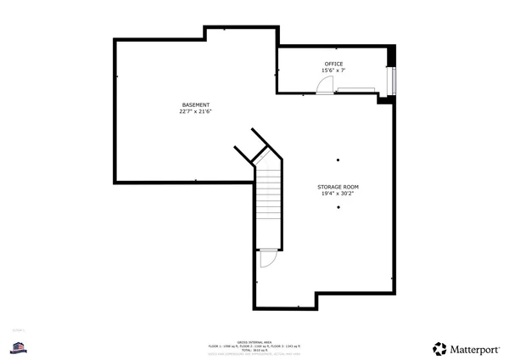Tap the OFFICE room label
[x=333, y=65]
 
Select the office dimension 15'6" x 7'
[x=333, y=71]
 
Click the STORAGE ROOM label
[x=338, y=186]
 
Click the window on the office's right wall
[x=390, y=80]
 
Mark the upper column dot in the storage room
[x=338, y=160]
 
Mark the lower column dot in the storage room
[x=338, y=207]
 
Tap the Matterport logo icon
[x=439, y=348]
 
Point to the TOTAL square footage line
[x=254, y=351]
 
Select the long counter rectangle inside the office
[x=355, y=87]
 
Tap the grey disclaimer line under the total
[x=254, y=355]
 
